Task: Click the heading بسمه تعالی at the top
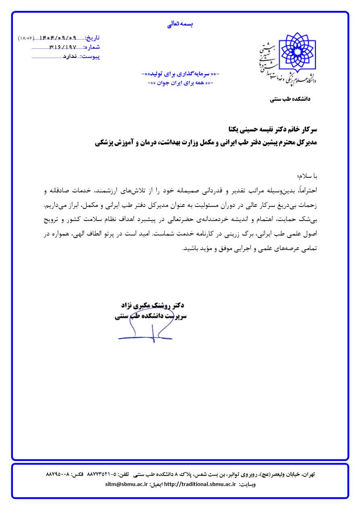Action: (180, 24)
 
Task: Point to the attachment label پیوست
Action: (91, 56)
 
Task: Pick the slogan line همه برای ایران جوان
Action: (181, 83)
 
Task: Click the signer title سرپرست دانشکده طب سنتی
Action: (150, 316)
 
